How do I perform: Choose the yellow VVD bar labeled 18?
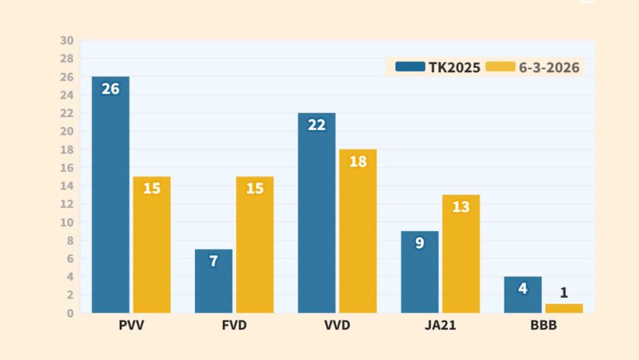point(358,231)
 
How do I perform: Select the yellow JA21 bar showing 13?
point(461,254)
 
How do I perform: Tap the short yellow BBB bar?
point(564,308)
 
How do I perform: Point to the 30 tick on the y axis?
point(67,40)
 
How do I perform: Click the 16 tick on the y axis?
point(67,168)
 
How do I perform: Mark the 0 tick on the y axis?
point(70,313)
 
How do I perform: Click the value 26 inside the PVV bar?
point(111,89)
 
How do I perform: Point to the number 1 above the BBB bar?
point(564,292)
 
